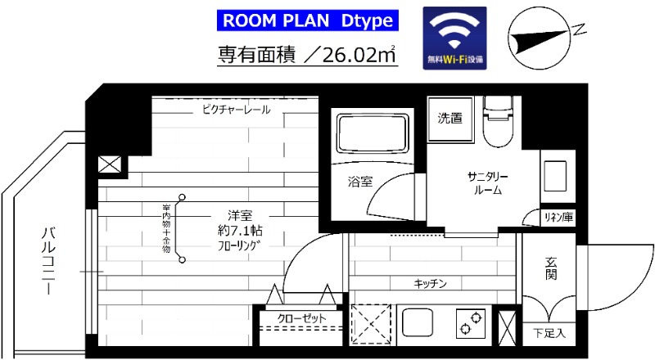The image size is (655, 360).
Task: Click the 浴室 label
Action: tap(360, 181)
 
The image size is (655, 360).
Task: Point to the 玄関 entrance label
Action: tap(551, 269)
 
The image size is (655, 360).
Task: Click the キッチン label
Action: tap(429, 284)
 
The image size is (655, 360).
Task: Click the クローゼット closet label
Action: tap(302, 317)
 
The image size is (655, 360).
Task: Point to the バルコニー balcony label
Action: tap(48, 262)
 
